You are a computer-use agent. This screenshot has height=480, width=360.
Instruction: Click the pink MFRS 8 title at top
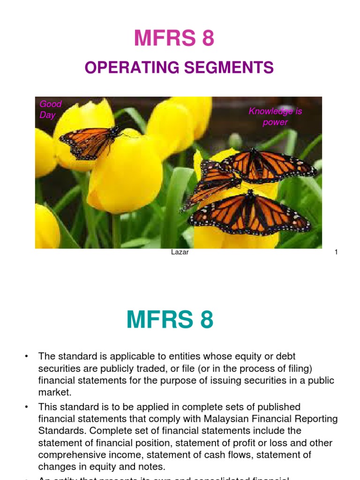[174, 38]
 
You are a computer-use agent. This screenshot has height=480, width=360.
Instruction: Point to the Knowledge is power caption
[275, 116]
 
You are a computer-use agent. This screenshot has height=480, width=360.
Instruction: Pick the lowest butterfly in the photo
[249, 213]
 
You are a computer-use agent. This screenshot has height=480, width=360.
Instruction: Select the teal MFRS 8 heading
[170, 320]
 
